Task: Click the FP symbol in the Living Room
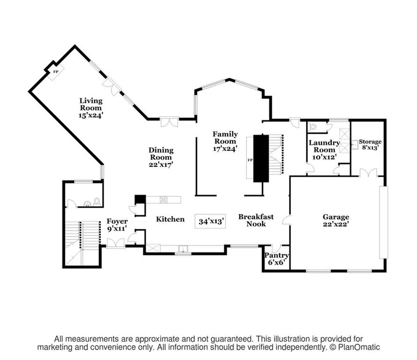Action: (56, 72)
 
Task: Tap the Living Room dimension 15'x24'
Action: (91, 115)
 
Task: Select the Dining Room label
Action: (161, 154)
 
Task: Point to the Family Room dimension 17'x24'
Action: (225, 149)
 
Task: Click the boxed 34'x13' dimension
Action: (210, 221)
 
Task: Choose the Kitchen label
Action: (170, 219)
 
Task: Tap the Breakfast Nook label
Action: (256, 220)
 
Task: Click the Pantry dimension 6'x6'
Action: (276, 262)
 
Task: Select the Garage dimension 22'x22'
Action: (336, 224)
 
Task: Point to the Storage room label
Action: (370, 142)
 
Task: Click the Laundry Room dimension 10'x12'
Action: (324, 157)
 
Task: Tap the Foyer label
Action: (117, 221)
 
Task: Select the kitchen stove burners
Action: (164, 200)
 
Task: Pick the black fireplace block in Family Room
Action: (261, 158)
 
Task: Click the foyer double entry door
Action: (116, 243)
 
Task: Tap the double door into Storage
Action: (368, 172)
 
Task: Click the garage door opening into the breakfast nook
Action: (286, 220)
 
